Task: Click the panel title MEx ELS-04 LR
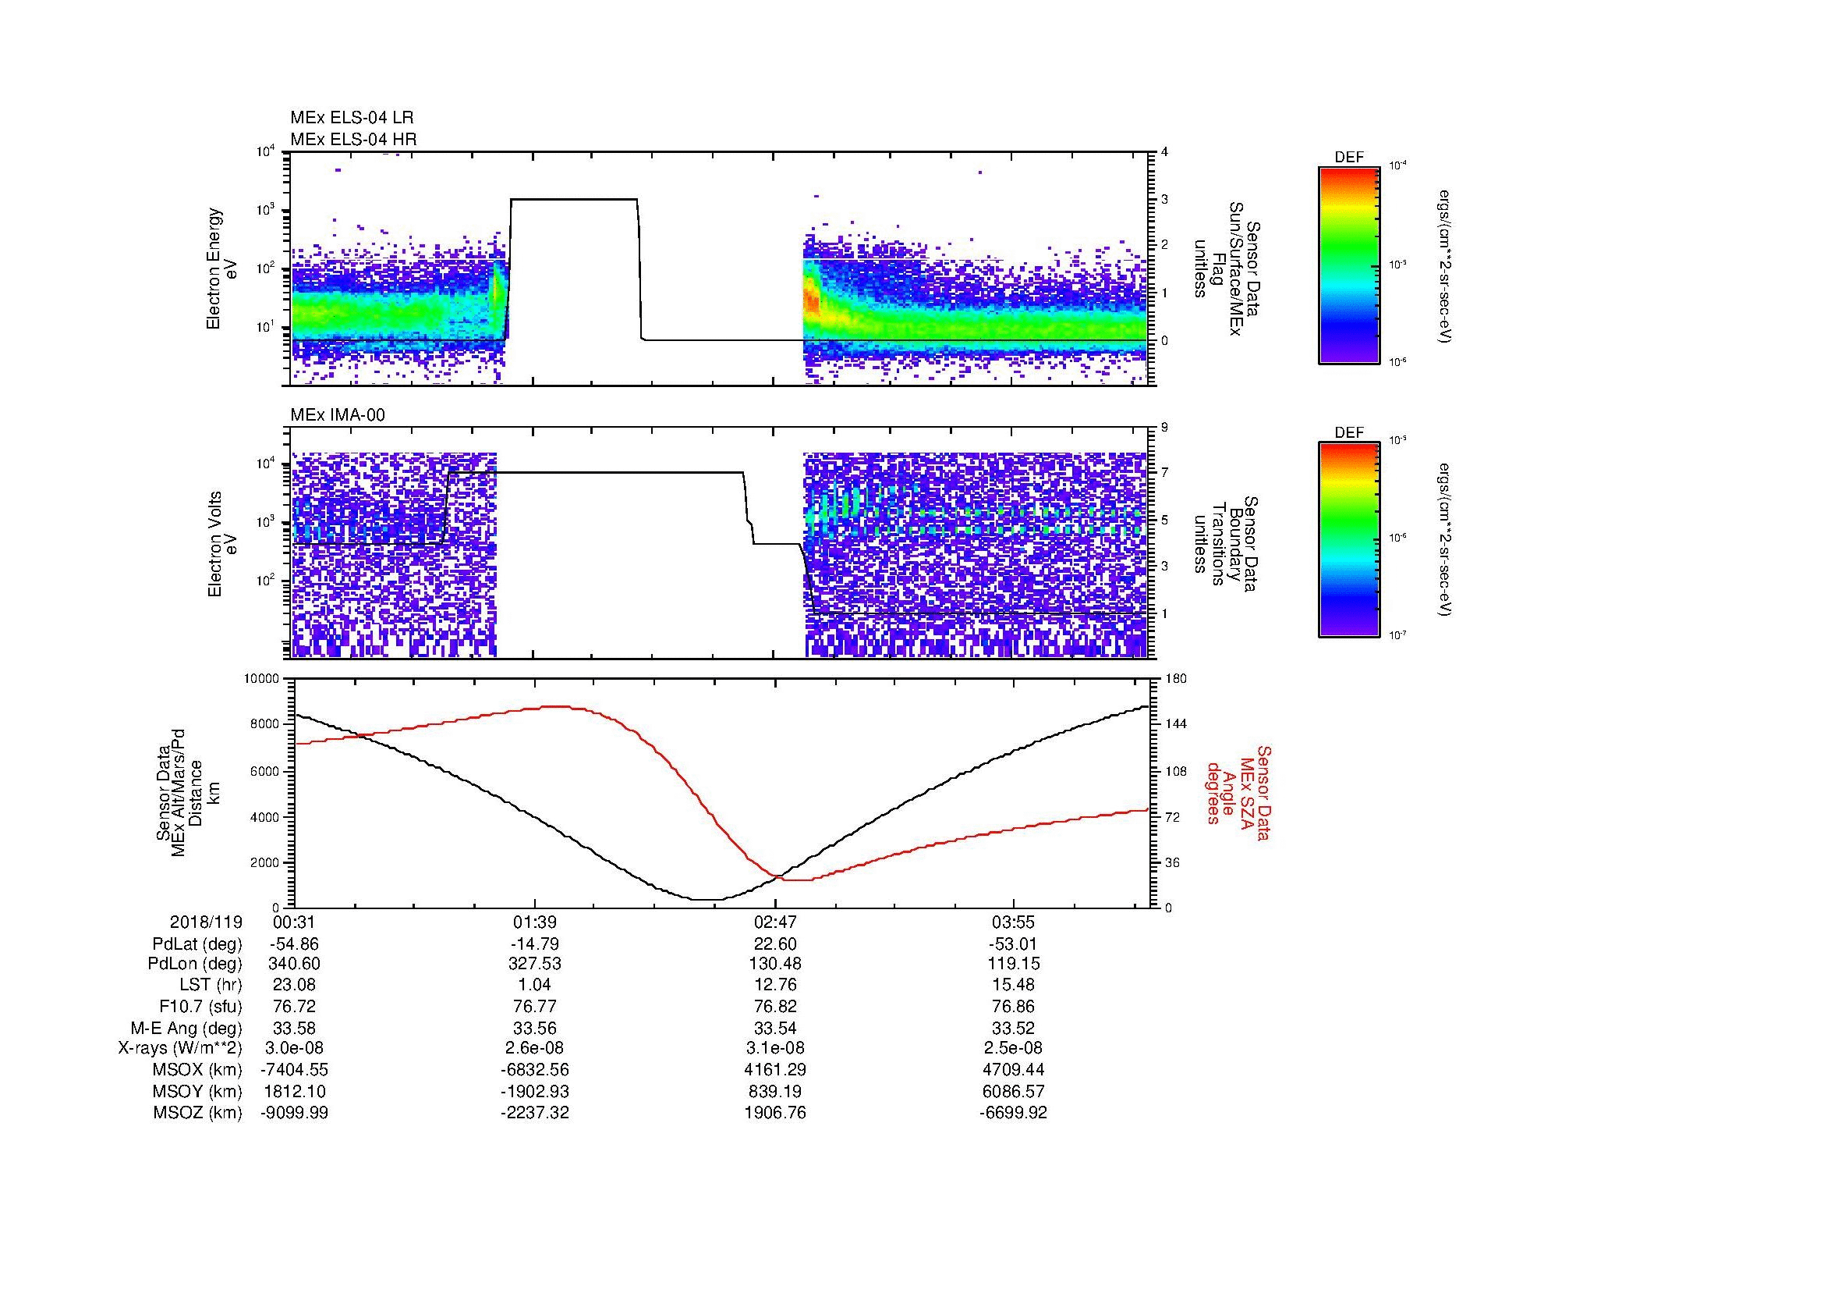pyautogui.click(x=351, y=118)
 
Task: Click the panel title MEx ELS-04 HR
pyautogui.click(x=352, y=139)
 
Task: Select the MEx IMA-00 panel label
pyautogui.click(x=337, y=415)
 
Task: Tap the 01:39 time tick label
pyautogui.click(x=535, y=922)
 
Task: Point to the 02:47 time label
pyautogui.click(x=774, y=922)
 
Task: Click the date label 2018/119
pyautogui.click(x=206, y=922)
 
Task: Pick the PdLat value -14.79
pyautogui.click(x=535, y=944)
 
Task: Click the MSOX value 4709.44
pyautogui.click(x=1013, y=1070)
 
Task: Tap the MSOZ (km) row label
pyautogui.click(x=197, y=1113)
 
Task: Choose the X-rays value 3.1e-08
pyautogui.click(x=774, y=1048)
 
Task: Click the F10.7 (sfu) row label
pyautogui.click(x=200, y=1006)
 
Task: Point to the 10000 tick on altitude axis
pyautogui.click(x=261, y=679)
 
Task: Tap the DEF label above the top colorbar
pyautogui.click(x=1348, y=158)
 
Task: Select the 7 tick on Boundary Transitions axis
pyautogui.click(x=1164, y=473)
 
